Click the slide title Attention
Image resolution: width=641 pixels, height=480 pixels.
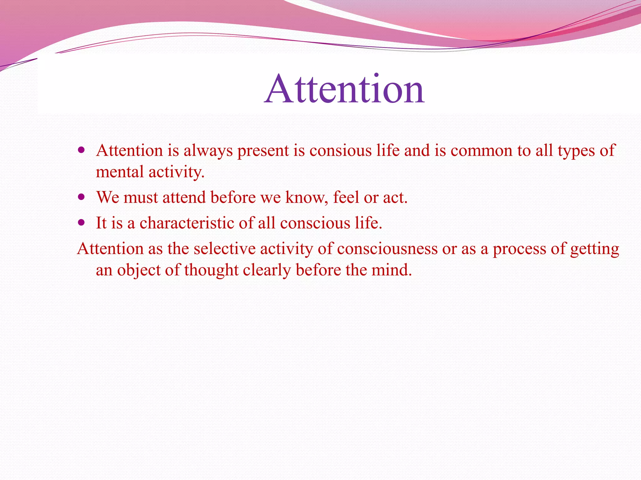(x=344, y=89)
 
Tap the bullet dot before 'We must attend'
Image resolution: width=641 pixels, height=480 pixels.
(x=81, y=197)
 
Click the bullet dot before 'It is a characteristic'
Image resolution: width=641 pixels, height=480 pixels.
(x=81, y=223)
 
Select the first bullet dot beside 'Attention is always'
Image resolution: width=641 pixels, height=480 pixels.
(x=81, y=150)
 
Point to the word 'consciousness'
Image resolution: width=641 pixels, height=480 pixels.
(x=387, y=249)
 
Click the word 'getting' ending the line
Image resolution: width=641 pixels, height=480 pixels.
(x=594, y=249)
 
